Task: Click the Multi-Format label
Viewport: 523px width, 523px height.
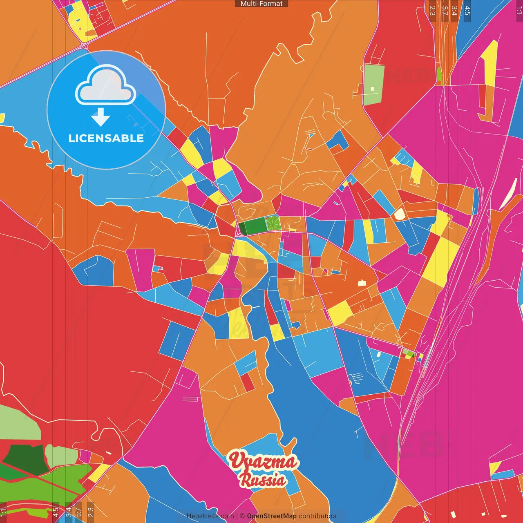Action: (x=261, y=4)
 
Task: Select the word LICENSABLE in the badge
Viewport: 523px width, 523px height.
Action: (x=106, y=139)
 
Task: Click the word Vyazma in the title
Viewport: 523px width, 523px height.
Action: (x=263, y=461)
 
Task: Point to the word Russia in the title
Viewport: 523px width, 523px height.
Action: (x=263, y=480)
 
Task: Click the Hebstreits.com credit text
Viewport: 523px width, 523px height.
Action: (x=210, y=516)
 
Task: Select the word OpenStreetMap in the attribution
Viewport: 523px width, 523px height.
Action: (x=271, y=516)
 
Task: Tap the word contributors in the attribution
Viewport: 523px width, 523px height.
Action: (x=317, y=516)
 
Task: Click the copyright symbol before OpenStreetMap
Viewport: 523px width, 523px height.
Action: (x=242, y=516)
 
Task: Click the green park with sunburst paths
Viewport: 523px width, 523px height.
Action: (x=273, y=224)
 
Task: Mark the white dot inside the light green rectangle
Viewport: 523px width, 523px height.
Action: (x=372, y=88)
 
